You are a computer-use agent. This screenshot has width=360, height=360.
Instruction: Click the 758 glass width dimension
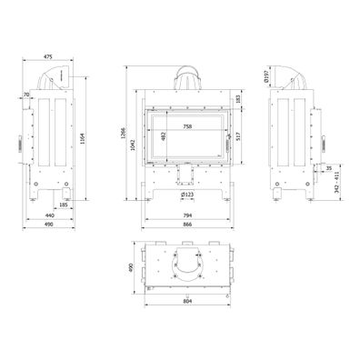click(186, 127)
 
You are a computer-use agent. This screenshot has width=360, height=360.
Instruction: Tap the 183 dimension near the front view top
click(239, 98)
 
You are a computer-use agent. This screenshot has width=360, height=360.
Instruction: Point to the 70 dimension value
click(27, 95)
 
